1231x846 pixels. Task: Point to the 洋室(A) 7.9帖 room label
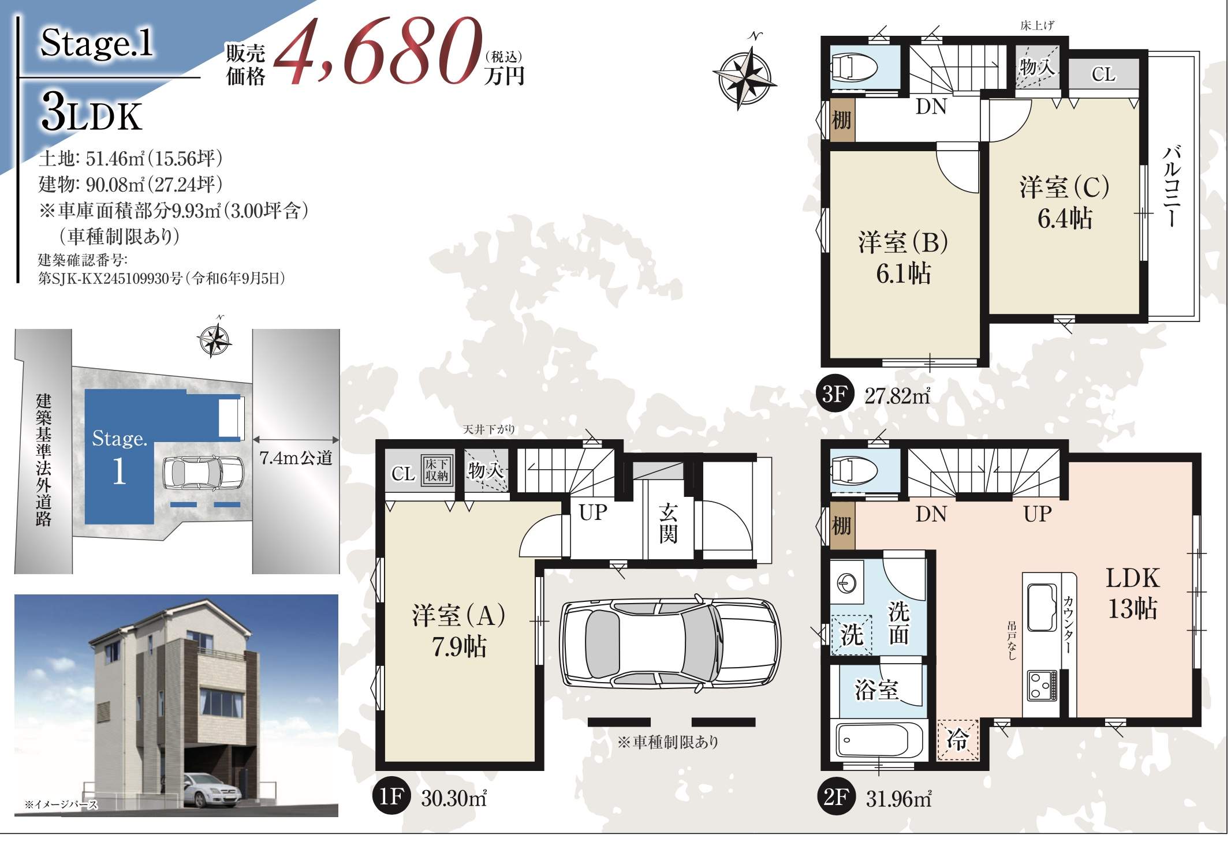[459, 631]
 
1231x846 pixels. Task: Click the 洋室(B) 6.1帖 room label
[903, 258]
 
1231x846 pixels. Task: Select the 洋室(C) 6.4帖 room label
[1064, 203]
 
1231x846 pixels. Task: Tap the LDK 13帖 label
[1132, 593]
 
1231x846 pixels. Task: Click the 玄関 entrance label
[668, 523]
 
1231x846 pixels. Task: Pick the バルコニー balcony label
[1172, 186]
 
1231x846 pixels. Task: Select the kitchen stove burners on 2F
[1041, 686]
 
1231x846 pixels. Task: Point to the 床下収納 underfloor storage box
[436, 470]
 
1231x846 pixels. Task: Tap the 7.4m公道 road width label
[296, 458]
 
